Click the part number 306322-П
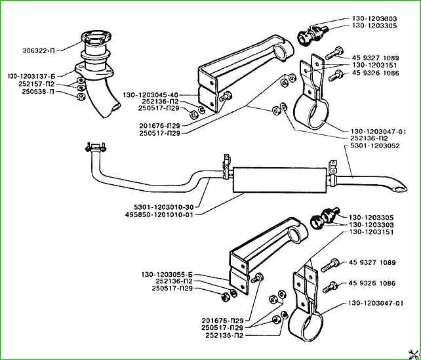click(x=39, y=50)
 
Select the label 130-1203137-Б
click(x=31, y=76)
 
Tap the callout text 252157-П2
click(x=37, y=84)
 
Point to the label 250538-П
click(x=38, y=92)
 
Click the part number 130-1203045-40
click(x=151, y=95)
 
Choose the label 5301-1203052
click(x=375, y=146)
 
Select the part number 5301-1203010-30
click(x=163, y=207)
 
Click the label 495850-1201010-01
click(x=159, y=215)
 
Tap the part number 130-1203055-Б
click(x=167, y=275)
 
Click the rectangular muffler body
click(x=280, y=180)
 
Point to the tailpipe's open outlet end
click(x=400, y=188)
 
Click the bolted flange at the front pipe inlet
click(x=96, y=148)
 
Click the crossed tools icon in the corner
click(x=414, y=353)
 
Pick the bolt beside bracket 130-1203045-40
click(x=226, y=96)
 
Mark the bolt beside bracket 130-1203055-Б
click(x=257, y=277)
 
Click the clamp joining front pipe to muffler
click(x=226, y=169)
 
